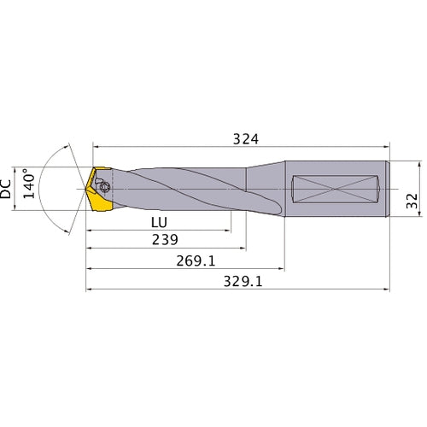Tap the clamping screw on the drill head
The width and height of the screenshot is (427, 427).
click(x=103, y=185)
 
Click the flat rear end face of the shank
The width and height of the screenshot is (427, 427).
click(x=389, y=188)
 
